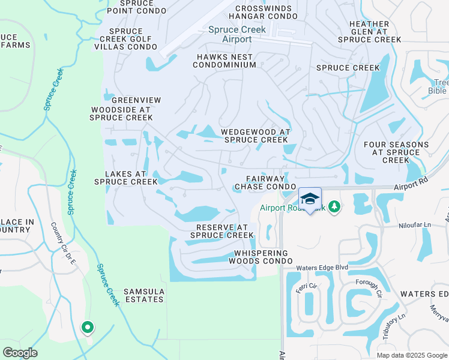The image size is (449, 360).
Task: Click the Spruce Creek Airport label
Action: point(237,34)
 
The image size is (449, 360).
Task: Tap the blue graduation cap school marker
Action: point(310,199)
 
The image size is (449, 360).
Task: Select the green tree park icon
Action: point(334,208)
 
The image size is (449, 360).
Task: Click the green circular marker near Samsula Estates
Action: point(87,328)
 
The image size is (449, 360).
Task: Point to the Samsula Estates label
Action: point(143,295)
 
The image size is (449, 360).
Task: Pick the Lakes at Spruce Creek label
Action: point(125,178)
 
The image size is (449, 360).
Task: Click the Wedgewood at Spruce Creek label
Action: point(255,136)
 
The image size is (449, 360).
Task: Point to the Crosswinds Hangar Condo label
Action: point(265,12)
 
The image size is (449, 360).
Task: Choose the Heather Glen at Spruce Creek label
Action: point(369,32)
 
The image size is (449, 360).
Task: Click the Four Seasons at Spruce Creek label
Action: point(396,152)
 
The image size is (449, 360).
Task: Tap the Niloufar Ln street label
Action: point(414,225)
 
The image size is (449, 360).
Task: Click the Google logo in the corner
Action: point(20,353)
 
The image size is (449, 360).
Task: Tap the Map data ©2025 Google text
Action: point(411,355)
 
